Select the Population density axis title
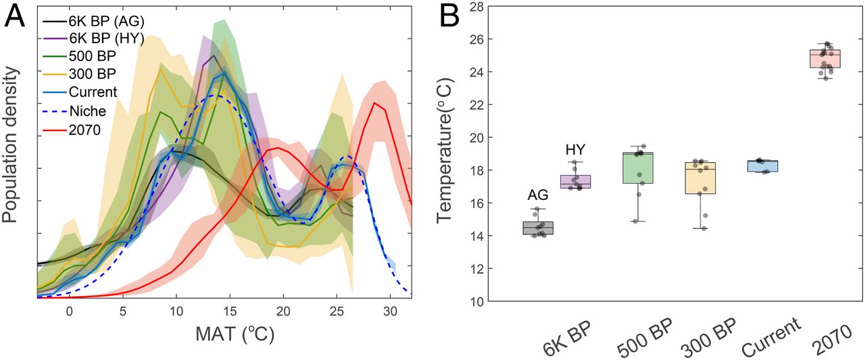[x=12, y=157]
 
